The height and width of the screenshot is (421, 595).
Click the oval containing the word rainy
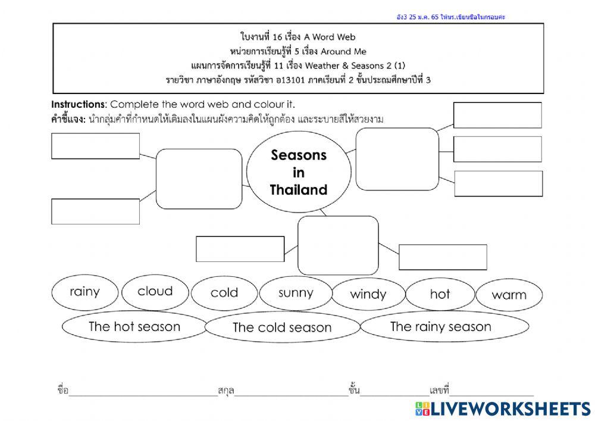[84, 292]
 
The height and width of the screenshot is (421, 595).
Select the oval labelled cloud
[155, 292]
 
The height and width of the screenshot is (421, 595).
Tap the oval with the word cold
[224, 293]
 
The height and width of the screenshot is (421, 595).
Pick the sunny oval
[295, 292]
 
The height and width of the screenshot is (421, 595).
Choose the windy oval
[368, 294]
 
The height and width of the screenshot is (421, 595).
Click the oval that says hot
[440, 294]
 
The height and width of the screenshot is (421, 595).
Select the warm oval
[509, 295]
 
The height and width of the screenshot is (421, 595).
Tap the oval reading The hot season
[134, 326]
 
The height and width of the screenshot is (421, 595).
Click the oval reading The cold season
[281, 328]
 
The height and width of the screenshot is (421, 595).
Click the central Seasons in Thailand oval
[298, 172]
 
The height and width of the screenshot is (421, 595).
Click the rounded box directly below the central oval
[338, 245]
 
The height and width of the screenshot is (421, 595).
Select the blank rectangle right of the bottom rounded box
[442, 257]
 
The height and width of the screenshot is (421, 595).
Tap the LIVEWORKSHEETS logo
[503, 408]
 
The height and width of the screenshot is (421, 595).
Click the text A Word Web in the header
[334, 37]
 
